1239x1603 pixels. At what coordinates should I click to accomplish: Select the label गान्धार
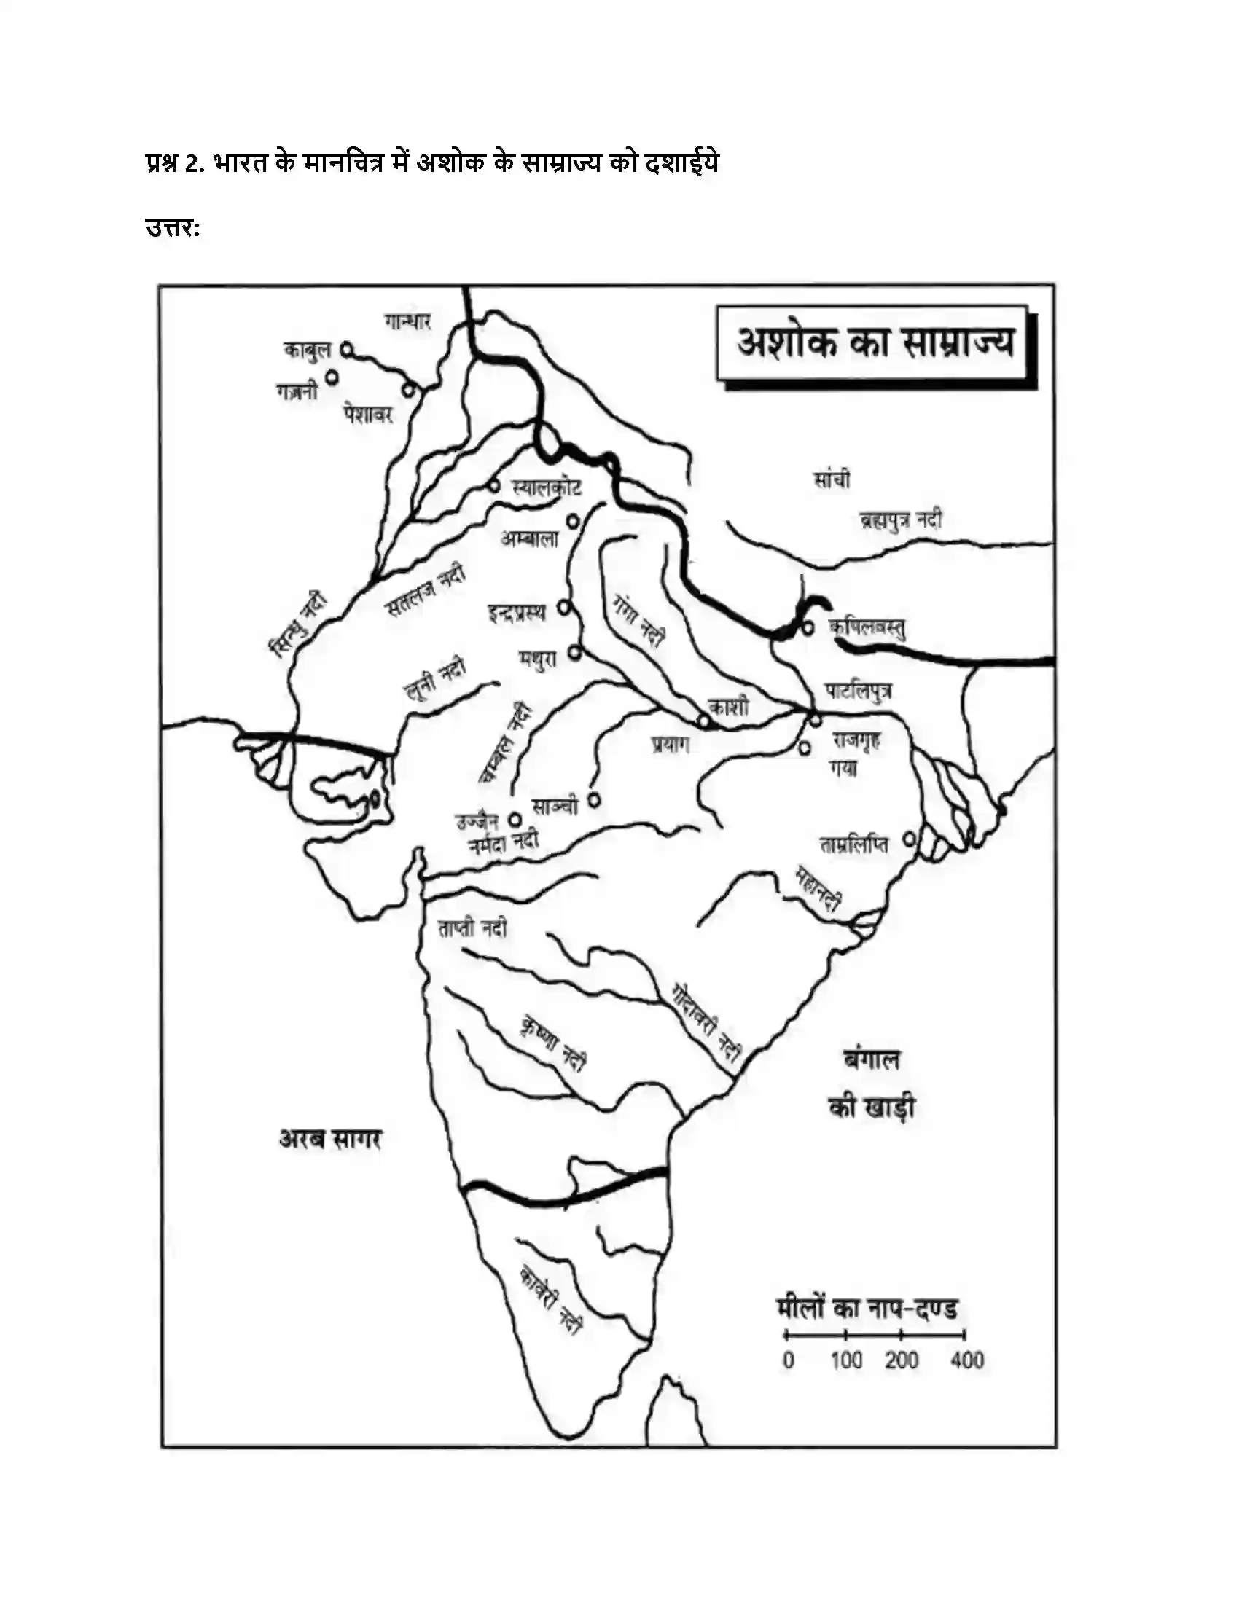[x=407, y=321]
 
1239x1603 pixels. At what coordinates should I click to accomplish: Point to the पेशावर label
[x=368, y=415]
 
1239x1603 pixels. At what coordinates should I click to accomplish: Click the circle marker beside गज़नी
[x=332, y=377]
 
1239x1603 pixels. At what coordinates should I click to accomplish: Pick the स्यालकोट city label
[x=547, y=487]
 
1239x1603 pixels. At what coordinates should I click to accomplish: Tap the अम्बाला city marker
[x=573, y=521]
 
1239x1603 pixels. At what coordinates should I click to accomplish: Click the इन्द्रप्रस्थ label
[x=517, y=612]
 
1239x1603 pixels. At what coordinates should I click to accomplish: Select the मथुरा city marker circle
[x=576, y=651]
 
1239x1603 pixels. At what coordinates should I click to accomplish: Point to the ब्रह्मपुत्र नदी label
[x=901, y=520]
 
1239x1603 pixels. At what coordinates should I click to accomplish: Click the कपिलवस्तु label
[x=867, y=627]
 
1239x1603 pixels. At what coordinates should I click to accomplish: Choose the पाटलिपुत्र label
[x=859, y=691]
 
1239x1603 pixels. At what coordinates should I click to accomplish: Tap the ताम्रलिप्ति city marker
[x=910, y=837]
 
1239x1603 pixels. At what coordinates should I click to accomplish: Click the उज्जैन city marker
[x=516, y=819]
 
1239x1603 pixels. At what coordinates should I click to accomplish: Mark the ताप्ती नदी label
[x=473, y=928]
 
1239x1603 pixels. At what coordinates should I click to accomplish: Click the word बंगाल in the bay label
[x=871, y=1060]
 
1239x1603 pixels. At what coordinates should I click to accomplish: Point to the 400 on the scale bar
[x=966, y=1360]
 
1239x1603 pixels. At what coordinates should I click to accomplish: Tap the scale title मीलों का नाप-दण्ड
[x=867, y=1309]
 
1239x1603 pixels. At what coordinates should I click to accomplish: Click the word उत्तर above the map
[x=172, y=228]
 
